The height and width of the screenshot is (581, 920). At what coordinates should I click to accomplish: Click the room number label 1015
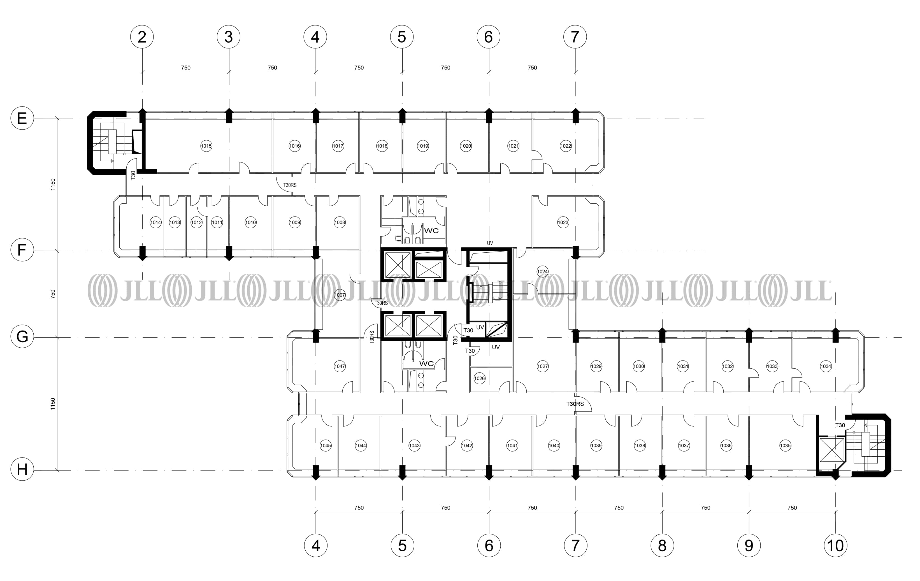tap(206, 146)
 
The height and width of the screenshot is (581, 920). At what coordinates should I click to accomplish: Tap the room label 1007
tap(339, 295)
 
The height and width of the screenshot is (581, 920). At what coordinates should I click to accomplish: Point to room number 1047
tap(339, 366)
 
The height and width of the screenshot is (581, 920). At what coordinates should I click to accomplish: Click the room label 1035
tap(785, 445)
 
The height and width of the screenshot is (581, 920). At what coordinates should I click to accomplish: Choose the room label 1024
tap(542, 272)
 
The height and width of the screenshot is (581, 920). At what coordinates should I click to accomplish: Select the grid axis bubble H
tap(22, 469)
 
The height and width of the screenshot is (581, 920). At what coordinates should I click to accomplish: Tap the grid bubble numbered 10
tap(836, 545)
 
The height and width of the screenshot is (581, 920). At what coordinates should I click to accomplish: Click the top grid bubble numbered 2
tap(142, 37)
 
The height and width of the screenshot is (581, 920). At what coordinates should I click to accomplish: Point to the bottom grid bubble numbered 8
tap(662, 545)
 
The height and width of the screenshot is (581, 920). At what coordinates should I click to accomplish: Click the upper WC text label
tap(431, 231)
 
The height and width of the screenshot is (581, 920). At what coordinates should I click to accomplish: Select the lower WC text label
tap(426, 364)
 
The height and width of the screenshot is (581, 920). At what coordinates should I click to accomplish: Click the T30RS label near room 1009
tap(290, 185)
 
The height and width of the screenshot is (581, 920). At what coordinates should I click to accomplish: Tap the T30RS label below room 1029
tap(575, 404)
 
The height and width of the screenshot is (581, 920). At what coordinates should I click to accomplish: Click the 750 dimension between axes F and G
tap(53, 294)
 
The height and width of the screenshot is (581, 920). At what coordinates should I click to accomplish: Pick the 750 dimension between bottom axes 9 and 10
tap(792, 508)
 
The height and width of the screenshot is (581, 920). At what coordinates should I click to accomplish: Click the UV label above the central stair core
tap(490, 243)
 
